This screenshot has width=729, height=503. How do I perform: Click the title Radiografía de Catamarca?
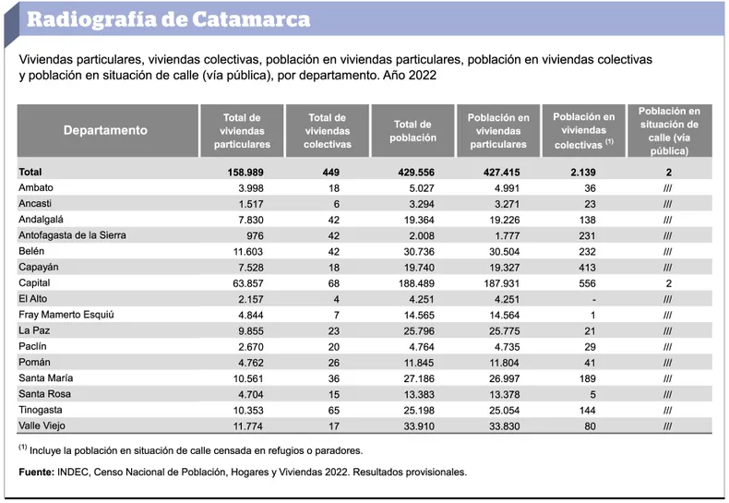pyautogui.click(x=168, y=19)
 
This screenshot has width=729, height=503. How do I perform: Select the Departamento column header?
pyautogui.click(x=105, y=130)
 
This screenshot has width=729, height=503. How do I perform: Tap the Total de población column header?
pyautogui.click(x=412, y=130)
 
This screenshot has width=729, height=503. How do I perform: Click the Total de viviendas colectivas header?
pyautogui.click(x=327, y=130)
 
